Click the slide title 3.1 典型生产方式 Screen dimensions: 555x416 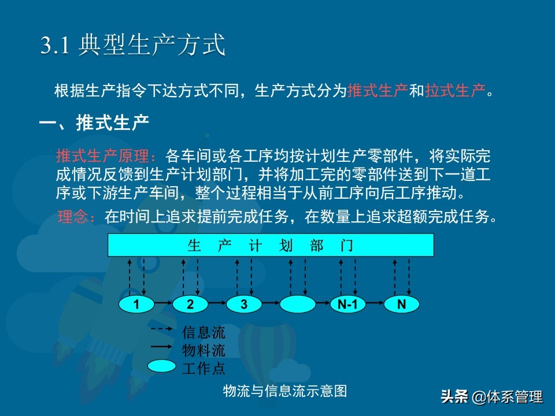(x=133, y=45)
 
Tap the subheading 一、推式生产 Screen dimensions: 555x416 (x=94, y=122)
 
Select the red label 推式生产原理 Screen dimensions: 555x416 (x=106, y=155)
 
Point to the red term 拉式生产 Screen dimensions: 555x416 (x=455, y=91)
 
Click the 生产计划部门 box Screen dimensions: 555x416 (x=271, y=245)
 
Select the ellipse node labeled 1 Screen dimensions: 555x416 (x=136, y=304)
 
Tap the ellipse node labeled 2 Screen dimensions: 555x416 (x=190, y=304)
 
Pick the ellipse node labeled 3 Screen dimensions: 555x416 (x=244, y=304)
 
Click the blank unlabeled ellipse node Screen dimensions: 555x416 (x=297, y=304)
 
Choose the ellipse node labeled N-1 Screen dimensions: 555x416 (x=347, y=304)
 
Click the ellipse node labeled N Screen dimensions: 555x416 (x=401, y=304)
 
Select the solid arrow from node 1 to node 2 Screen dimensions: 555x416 (x=164, y=303)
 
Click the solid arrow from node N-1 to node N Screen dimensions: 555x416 (x=375, y=303)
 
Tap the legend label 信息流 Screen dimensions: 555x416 (x=203, y=332)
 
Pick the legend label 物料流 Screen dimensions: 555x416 (x=203, y=350)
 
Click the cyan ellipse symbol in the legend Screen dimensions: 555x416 (x=161, y=366)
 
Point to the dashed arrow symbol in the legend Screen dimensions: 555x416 (x=161, y=329)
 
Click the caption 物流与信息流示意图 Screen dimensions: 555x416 (x=285, y=391)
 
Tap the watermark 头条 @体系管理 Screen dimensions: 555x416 (x=491, y=396)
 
